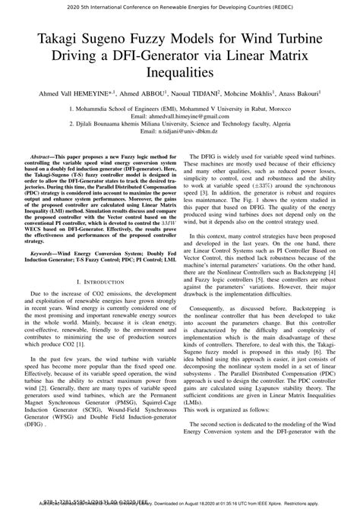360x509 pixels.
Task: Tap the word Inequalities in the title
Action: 180,72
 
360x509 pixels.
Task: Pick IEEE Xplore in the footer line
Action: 295,502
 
